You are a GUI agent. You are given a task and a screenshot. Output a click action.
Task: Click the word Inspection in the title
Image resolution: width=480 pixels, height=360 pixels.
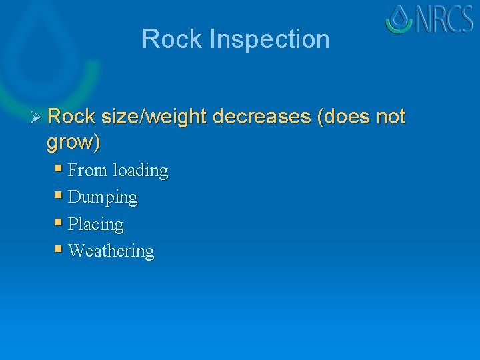pyautogui.click(x=269, y=39)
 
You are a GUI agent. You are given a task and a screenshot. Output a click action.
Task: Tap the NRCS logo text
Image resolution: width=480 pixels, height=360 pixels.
pyautogui.click(x=445, y=19)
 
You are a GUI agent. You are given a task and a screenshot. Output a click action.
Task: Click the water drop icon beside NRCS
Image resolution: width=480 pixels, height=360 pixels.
pyautogui.click(x=399, y=19)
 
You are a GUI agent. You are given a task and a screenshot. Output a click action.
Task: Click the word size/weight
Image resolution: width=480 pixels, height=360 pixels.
pyautogui.click(x=155, y=117)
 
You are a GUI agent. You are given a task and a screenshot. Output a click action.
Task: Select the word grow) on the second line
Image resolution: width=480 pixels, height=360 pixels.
pyautogui.click(x=73, y=142)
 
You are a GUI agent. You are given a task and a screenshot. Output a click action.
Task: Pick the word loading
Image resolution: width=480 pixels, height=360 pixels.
pyautogui.click(x=140, y=171)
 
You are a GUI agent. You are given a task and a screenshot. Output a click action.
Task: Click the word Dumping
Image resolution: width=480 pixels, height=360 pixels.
pyautogui.click(x=103, y=198)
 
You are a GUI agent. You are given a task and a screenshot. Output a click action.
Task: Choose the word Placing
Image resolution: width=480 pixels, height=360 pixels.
pyautogui.click(x=96, y=225)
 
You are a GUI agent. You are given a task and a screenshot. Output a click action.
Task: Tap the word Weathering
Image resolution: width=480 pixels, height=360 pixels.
pyautogui.click(x=111, y=251)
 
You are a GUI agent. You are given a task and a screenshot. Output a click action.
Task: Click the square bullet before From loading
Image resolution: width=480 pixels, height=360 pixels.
pyautogui.click(x=59, y=169)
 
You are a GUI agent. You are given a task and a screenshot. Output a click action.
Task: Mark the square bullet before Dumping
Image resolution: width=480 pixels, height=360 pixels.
pyautogui.click(x=59, y=196)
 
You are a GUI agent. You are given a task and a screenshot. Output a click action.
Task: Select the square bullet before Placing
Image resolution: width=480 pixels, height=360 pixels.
pyautogui.click(x=59, y=223)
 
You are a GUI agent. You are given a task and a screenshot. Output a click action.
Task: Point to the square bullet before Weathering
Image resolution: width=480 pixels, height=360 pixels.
pyautogui.click(x=59, y=249)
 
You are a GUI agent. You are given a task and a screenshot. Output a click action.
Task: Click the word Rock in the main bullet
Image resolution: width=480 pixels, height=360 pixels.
pyautogui.click(x=72, y=117)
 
